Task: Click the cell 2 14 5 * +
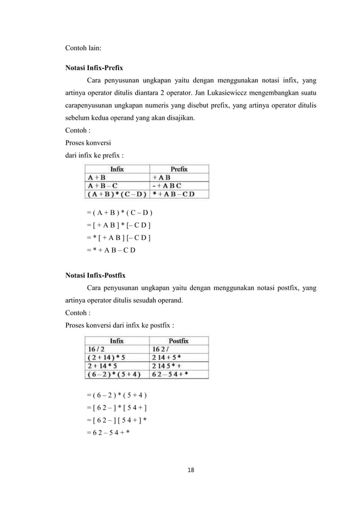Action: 169,366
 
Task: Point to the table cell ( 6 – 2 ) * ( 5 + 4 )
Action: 116,374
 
